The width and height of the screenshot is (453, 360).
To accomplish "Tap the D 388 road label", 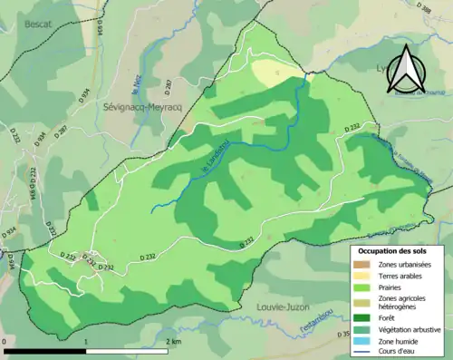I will tap(426, 7).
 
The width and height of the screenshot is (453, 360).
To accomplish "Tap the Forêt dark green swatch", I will tap(362, 318).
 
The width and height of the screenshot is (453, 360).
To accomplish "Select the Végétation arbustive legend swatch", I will tap(362, 329).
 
